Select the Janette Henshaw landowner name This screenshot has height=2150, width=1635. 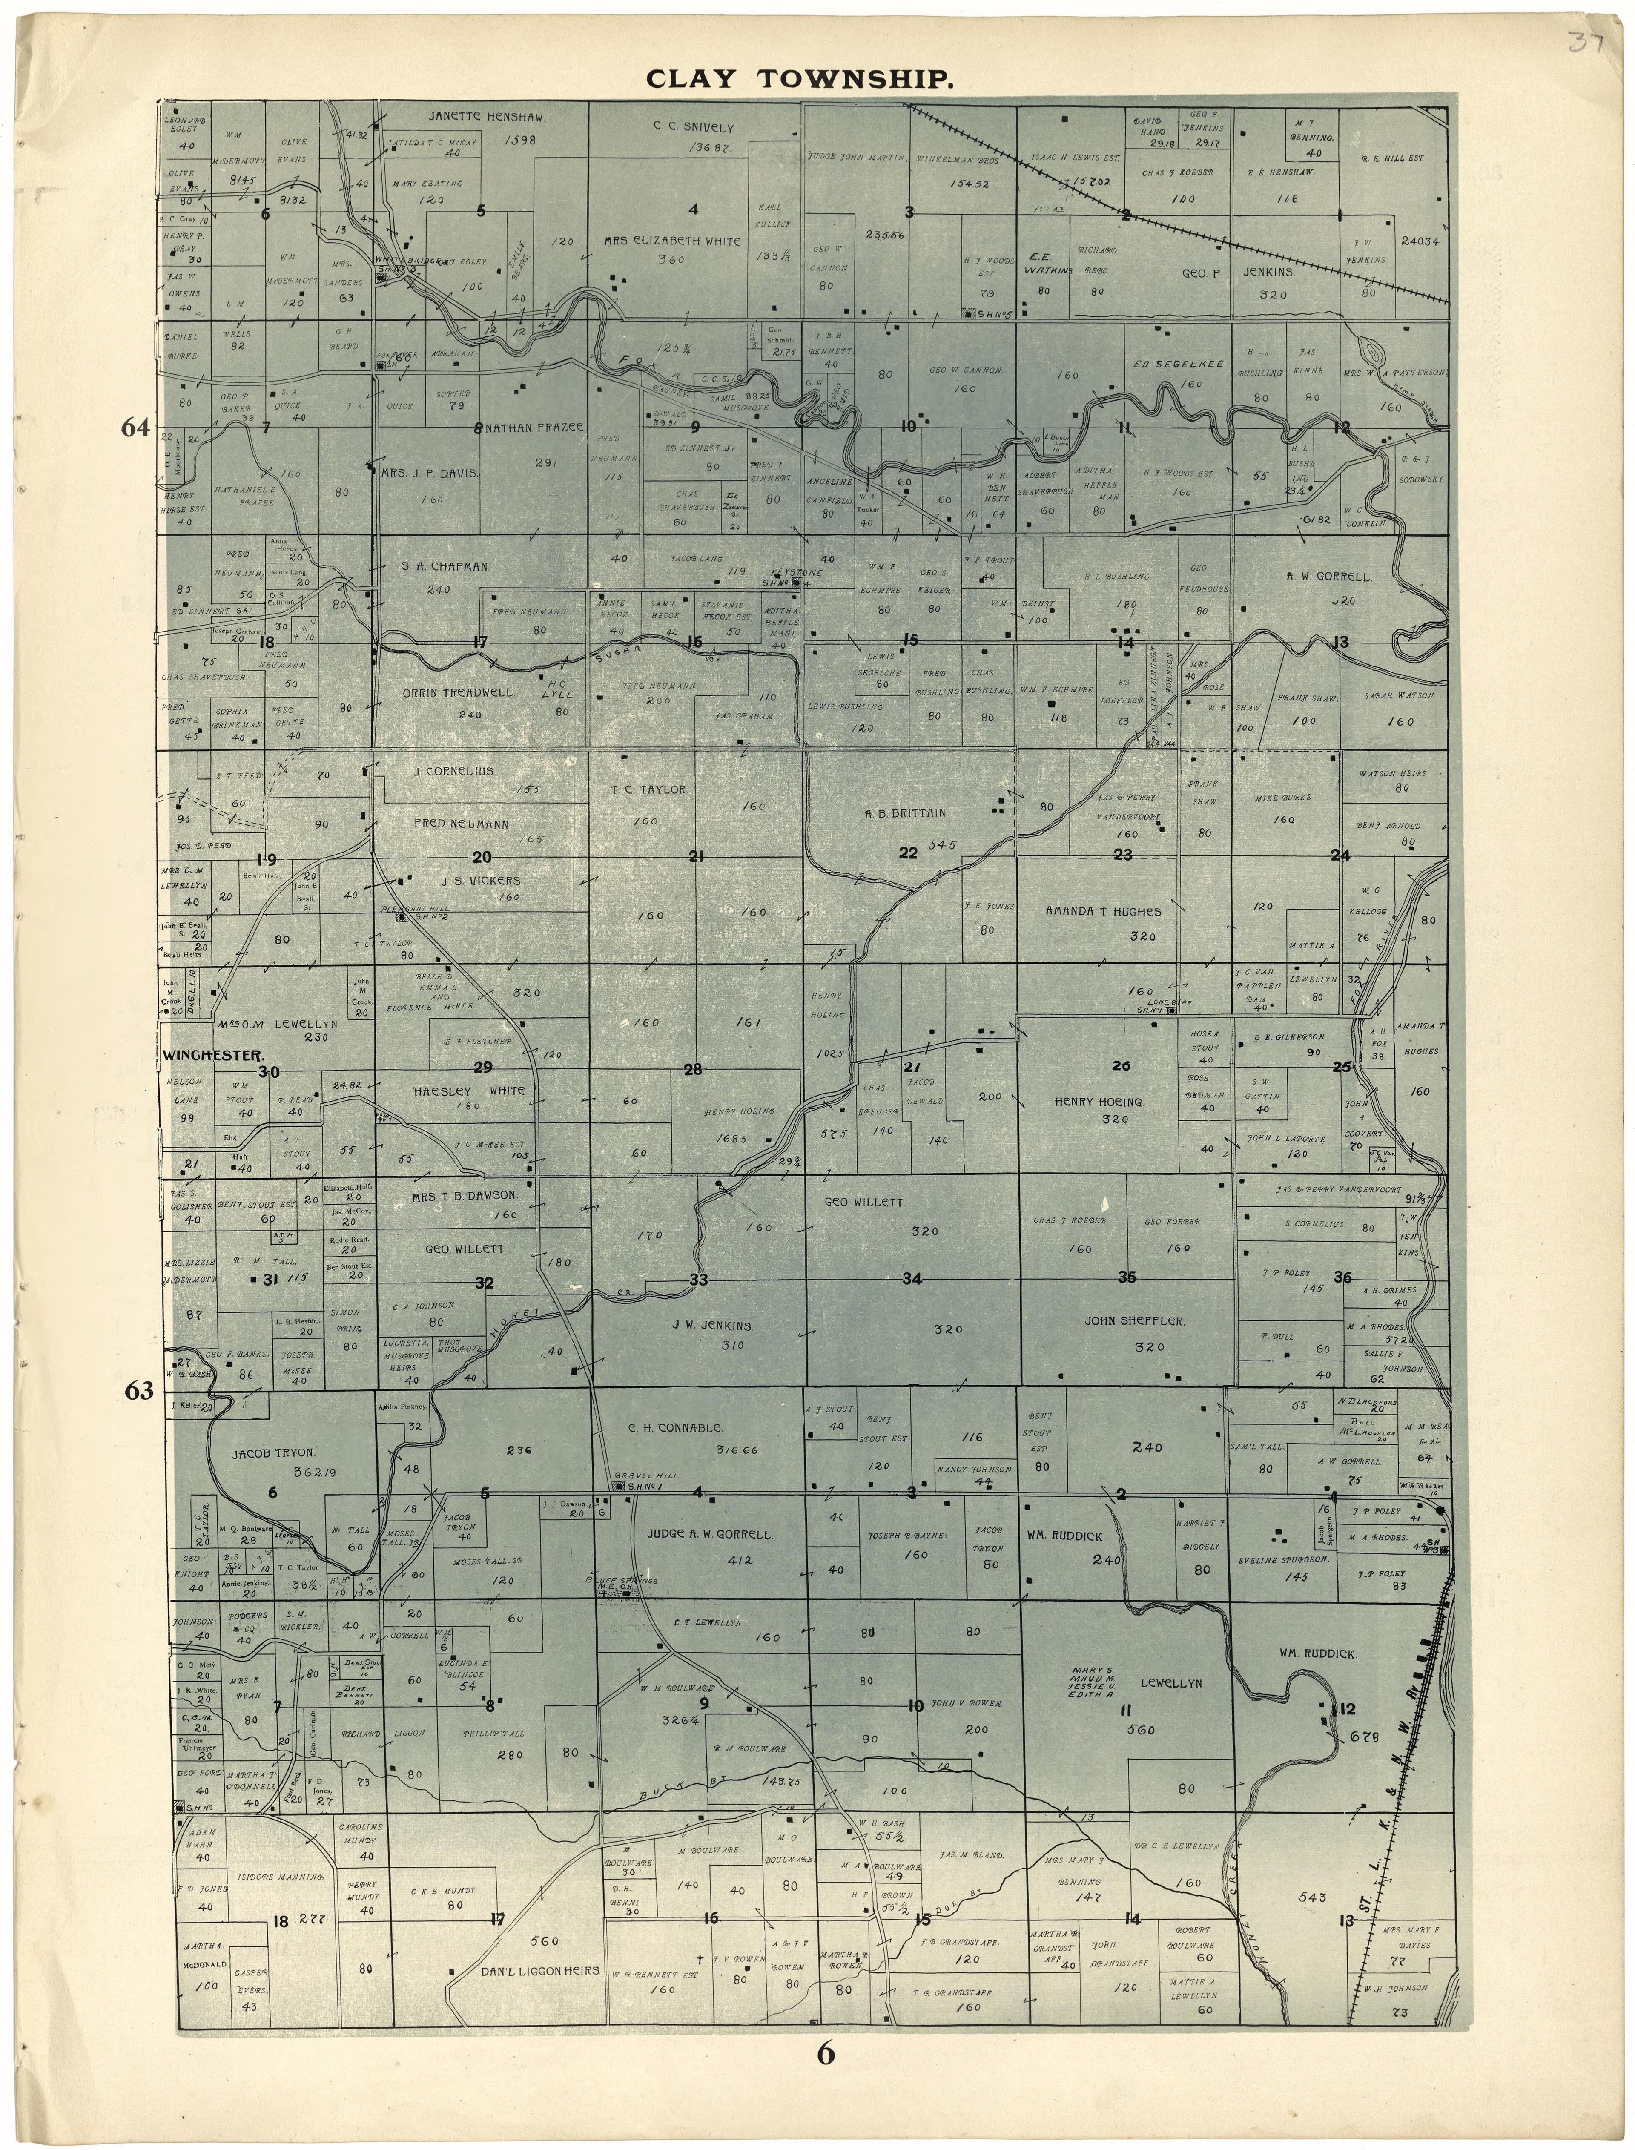(486, 117)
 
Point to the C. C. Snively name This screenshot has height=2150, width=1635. (694, 127)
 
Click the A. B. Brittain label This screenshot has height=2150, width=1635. (905, 813)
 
